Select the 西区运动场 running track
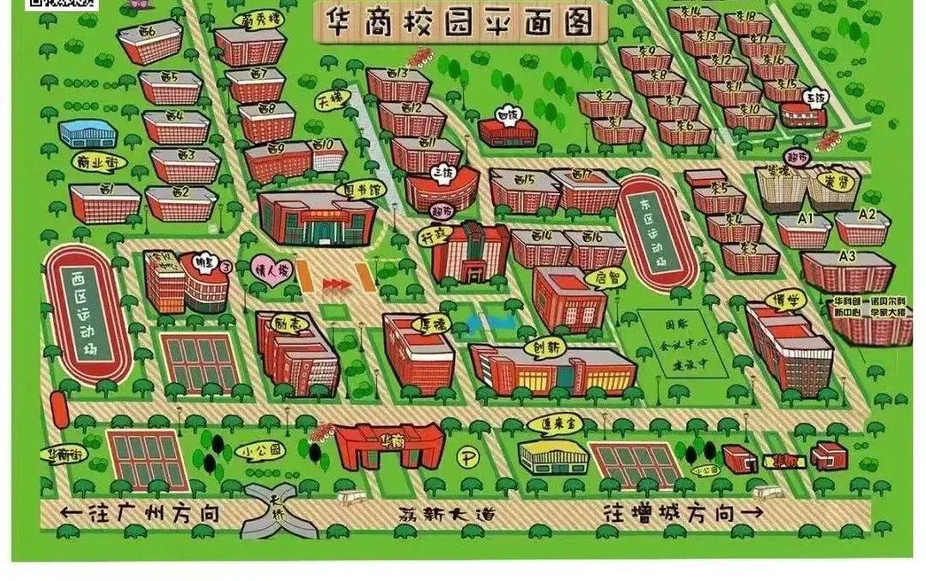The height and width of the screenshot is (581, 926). [x=88, y=313]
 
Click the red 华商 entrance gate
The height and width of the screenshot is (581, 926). [x=389, y=446]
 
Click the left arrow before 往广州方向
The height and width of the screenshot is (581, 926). [x=70, y=515]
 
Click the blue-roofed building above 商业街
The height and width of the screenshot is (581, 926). [x=88, y=134]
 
